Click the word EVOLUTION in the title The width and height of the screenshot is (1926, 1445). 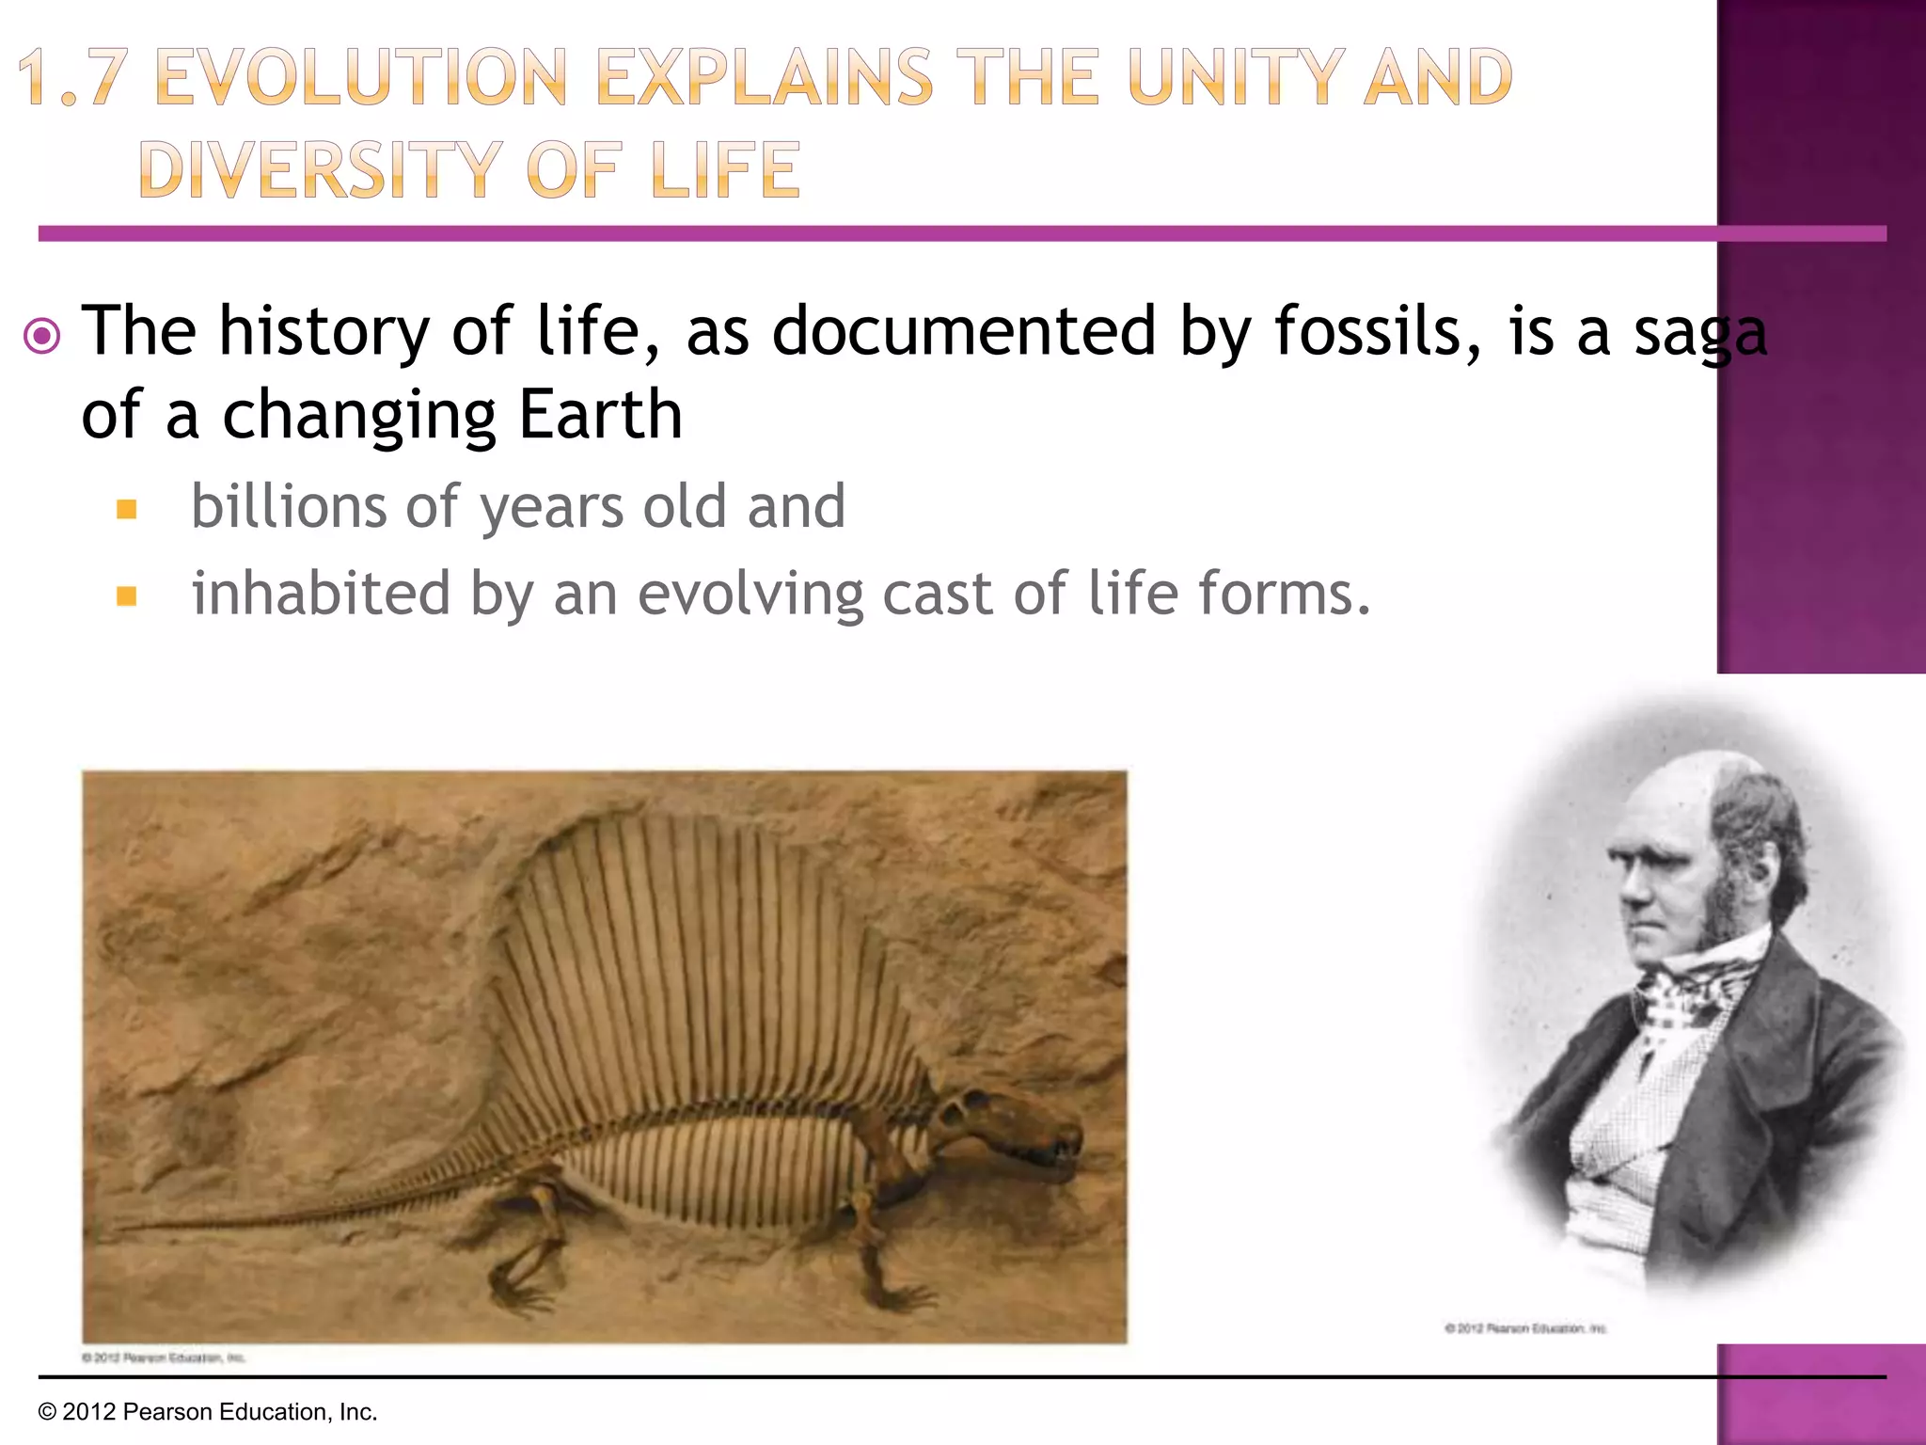click(360, 77)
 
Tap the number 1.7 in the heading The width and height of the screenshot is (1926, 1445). click(71, 77)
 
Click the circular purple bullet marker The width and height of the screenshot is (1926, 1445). click(41, 335)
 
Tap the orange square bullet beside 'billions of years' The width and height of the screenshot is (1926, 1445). click(127, 510)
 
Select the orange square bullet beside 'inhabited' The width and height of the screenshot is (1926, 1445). click(127, 596)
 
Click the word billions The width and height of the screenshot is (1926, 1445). click(287, 506)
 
